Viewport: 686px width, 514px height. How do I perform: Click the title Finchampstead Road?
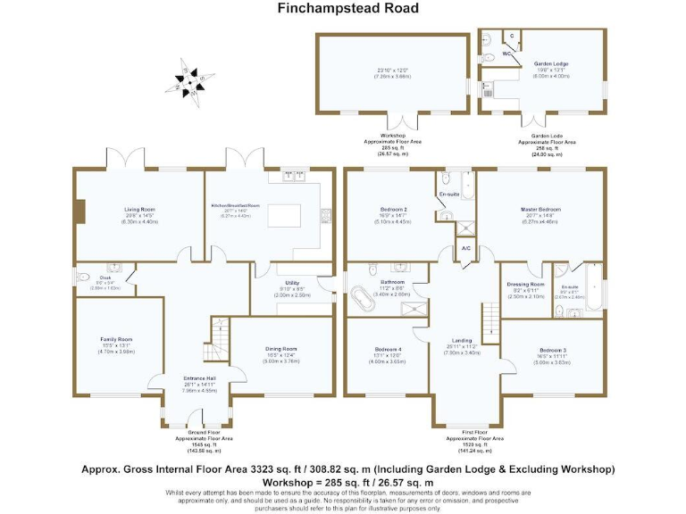tap(343, 9)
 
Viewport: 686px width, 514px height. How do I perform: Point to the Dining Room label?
tap(280, 348)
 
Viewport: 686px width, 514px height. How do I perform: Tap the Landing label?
tap(462, 340)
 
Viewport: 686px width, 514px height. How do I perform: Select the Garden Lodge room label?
tap(550, 64)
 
